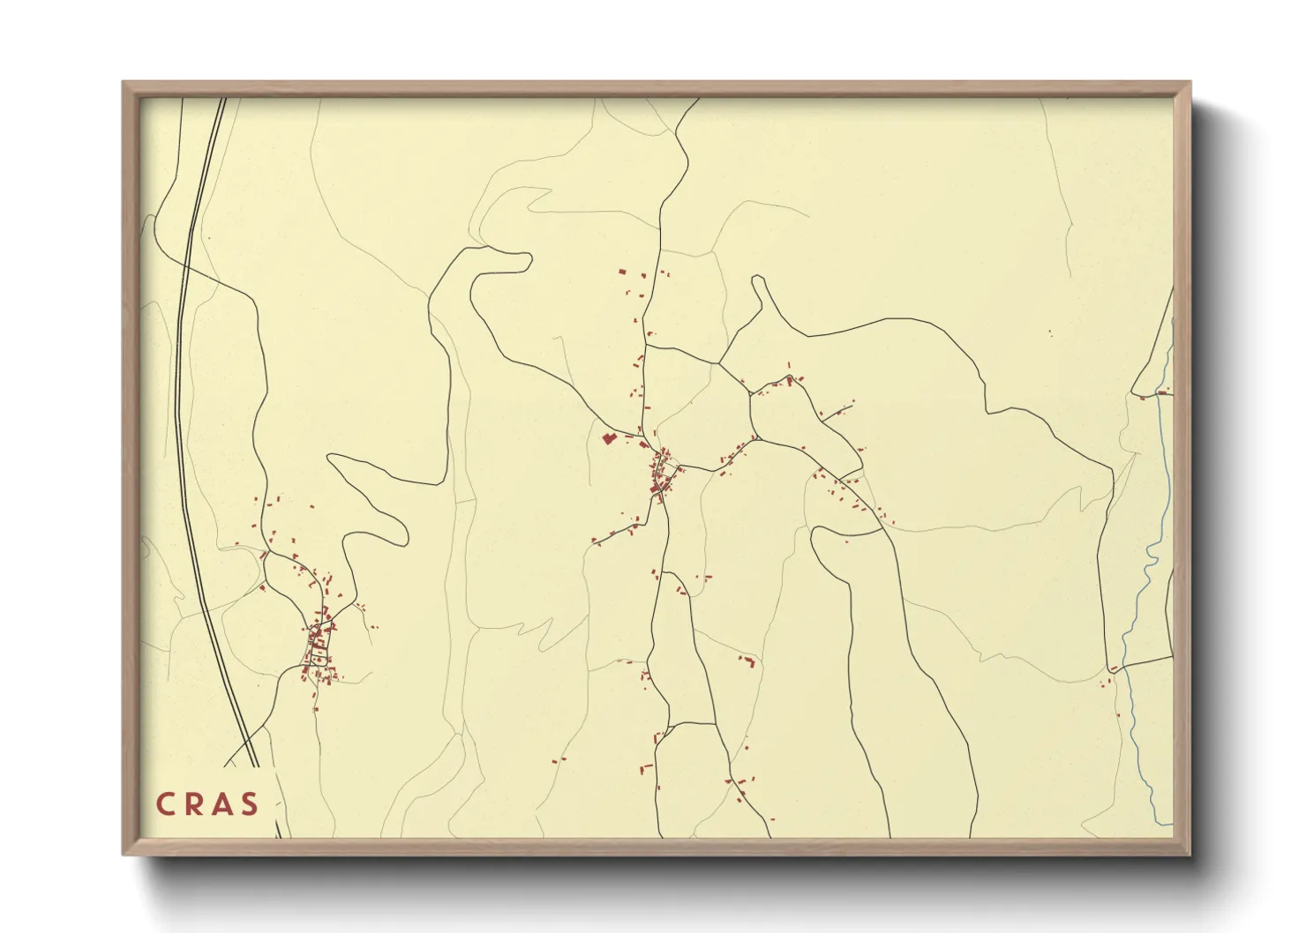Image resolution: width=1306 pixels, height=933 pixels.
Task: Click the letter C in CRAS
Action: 165,804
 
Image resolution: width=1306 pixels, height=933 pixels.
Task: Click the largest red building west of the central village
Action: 607,437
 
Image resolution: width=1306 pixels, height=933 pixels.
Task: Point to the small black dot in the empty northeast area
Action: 1050,332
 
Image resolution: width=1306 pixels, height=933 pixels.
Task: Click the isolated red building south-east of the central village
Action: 749,661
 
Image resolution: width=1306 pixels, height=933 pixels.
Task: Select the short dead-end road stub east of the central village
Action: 843,408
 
